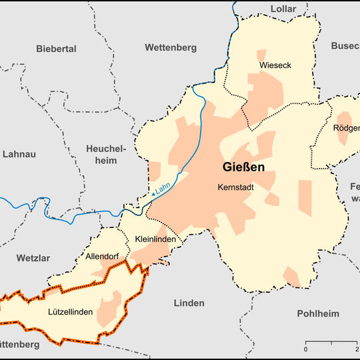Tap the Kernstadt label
[236, 188]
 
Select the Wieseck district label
[275, 65]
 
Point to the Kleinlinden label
[155, 239]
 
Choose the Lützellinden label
[71, 311]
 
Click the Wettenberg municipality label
[171, 47]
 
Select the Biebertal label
[57, 49]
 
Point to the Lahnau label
[19, 154]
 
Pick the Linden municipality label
[189, 303]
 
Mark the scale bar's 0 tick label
[306, 350]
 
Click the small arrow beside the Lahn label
[154, 193]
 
